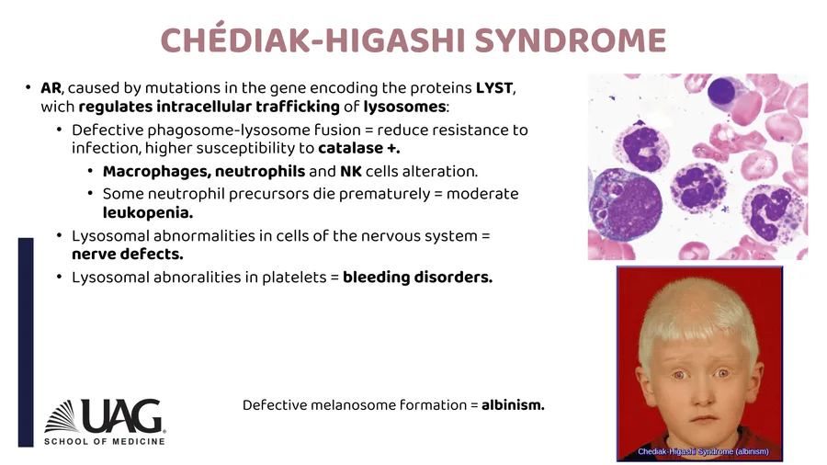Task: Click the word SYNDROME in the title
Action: [x=571, y=40]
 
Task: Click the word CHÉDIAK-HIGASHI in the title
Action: [x=313, y=38]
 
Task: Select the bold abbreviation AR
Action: [x=51, y=87]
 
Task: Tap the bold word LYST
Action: [x=494, y=87]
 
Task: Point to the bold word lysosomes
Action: [x=404, y=107]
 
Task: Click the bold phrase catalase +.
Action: [x=358, y=148]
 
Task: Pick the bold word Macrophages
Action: [x=156, y=172]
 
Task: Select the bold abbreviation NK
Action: [x=351, y=172]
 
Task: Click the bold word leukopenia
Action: [x=148, y=213]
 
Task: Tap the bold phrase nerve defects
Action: [x=128, y=255]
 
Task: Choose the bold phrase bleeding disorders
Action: [x=418, y=278]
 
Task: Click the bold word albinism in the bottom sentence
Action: [x=513, y=405]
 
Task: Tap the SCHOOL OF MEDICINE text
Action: [x=105, y=441]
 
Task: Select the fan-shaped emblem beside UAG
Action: [x=62, y=416]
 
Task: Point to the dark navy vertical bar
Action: [x=26, y=342]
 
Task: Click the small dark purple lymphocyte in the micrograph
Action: [x=721, y=90]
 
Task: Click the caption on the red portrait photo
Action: [x=703, y=451]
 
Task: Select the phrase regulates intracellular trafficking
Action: [x=209, y=107]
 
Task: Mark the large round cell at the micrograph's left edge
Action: [x=626, y=205]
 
